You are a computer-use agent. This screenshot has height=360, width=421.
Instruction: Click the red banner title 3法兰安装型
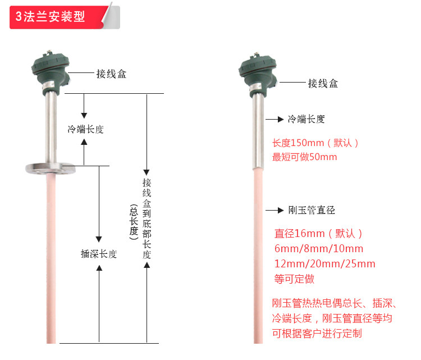[x=50, y=16]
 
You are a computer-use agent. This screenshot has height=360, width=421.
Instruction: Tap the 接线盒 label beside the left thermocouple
[x=112, y=74]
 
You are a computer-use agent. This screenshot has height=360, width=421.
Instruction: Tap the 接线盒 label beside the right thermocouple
[x=323, y=84]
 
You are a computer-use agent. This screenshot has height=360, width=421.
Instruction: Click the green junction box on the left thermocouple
[x=51, y=72]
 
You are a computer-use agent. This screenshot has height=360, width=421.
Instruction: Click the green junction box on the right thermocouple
[x=258, y=74]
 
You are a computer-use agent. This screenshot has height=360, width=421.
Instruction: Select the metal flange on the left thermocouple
[x=51, y=168]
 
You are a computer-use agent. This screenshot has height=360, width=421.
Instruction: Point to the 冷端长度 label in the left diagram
[x=86, y=129]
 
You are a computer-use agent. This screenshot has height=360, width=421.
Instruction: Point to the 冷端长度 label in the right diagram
[x=306, y=119]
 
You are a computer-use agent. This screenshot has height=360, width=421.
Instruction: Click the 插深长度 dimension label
[x=99, y=254]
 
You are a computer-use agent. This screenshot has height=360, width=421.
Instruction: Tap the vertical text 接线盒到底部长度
[x=147, y=218]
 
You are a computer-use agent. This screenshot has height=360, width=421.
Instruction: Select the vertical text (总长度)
[x=134, y=222]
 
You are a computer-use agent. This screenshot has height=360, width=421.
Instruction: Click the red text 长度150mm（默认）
[x=315, y=143]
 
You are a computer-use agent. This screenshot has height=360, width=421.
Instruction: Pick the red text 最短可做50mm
[x=304, y=157]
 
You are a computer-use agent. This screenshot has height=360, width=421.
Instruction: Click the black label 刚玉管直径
[x=312, y=210]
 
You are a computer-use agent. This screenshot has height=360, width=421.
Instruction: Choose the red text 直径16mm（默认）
[x=318, y=234]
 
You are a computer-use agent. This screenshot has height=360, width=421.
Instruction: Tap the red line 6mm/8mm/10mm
[x=319, y=248]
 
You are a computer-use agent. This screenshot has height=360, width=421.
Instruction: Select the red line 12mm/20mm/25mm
[x=324, y=263]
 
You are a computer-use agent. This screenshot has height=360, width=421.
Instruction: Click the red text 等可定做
[x=294, y=279]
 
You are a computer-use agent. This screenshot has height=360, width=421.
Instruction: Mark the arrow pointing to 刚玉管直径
[x=274, y=211]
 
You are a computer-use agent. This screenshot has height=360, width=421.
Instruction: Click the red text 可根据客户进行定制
[x=317, y=334]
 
